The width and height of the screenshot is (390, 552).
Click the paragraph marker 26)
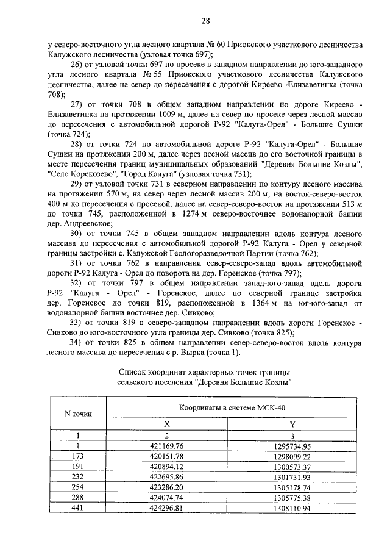click(77, 65)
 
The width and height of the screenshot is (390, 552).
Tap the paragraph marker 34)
click(77, 342)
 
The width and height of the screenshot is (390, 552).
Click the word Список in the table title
click(133, 371)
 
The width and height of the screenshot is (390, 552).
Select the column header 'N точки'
click(78, 414)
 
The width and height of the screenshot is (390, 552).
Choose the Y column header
click(292, 424)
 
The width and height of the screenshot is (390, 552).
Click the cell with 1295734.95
click(292, 446)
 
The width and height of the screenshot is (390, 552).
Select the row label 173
click(77, 456)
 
